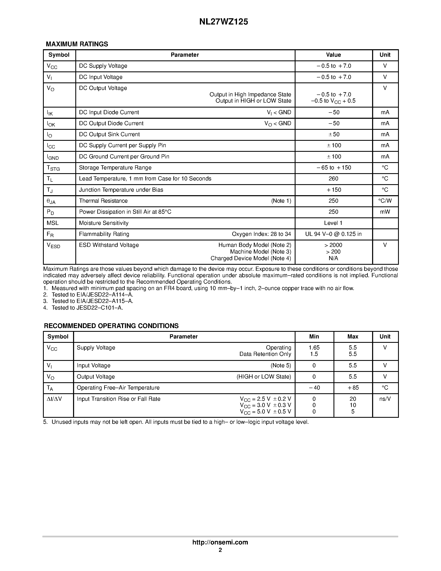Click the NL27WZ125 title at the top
[223, 22]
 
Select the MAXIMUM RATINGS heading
[77, 44]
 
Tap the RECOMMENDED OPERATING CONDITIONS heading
[111, 326]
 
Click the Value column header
[333, 55]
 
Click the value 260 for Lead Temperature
[333, 179]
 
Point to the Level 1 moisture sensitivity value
[333, 223]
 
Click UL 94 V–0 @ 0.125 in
[333, 234]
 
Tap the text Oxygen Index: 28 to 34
[261, 234]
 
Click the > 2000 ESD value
[333, 245]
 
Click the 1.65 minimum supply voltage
[314, 347]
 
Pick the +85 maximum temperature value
[353, 388]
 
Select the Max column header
[353, 337]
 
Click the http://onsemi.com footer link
[220, 542]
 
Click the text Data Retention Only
[265, 354]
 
